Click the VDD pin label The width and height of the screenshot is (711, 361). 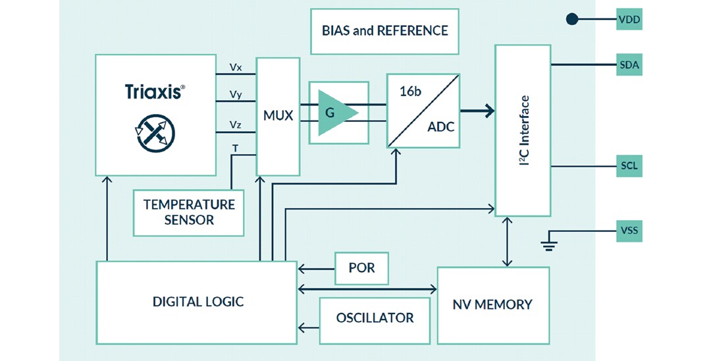pyautogui.click(x=629, y=20)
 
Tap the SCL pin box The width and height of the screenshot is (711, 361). pyautogui.click(x=629, y=165)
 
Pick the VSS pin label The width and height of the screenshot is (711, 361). pyautogui.click(x=629, y=231)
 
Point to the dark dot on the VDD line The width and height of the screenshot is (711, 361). pyautogui.click(x=572, y=20)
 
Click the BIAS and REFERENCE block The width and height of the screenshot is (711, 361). pyautogui.click(x=384, y=31)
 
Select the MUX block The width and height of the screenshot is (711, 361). pyautogui.click(x=278, y=117)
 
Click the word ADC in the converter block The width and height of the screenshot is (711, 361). pyautogui.click(x=440, y=126)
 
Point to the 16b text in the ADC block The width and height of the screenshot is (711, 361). pyautogui.click(x=410, y=92)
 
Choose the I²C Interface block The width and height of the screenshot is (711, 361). pyautogui.click(x=523, y=130)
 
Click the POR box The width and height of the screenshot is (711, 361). pyautogui.click(x=361, y=269)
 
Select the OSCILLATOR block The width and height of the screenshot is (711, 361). pyautogui.click(x=375, y=319)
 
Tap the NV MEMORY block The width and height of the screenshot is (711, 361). pyautogui.click(x=492, y=304)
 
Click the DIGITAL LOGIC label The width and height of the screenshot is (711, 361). pyautogui.click(x=197, y=302)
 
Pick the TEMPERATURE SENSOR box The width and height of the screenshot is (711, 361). pyautogui.click(x=188, y=212)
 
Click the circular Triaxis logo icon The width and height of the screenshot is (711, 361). pyautogui.click(x=155, y=133)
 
